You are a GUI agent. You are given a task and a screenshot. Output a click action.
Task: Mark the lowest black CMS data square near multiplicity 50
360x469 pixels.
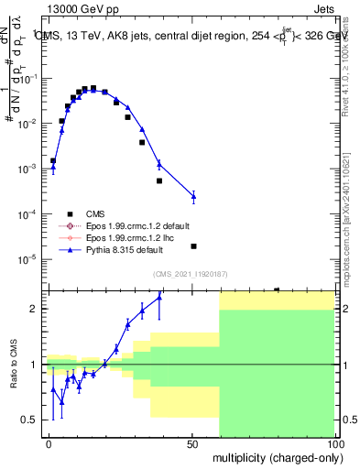tap(193, 246)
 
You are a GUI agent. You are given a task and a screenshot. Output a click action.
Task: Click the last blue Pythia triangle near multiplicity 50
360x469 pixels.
tap(193, 196)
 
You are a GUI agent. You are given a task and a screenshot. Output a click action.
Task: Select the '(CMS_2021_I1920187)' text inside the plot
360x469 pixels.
tap(190, 274)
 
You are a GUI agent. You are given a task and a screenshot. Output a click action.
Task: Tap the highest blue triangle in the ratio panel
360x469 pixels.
tap(159, 297)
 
